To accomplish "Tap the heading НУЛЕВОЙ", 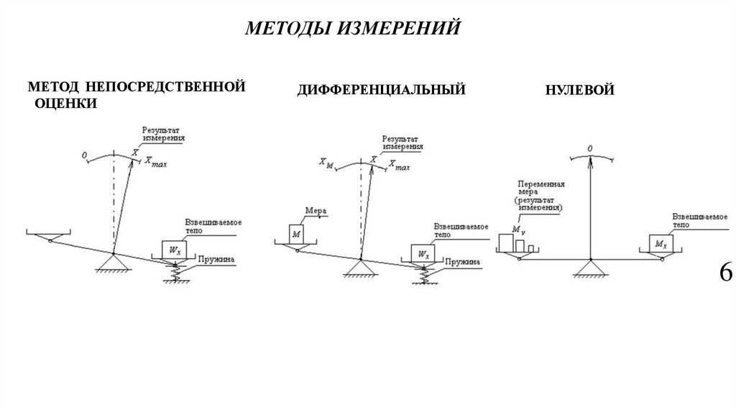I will [x=579, y=91].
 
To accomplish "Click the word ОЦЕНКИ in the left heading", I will [x=66, y=103].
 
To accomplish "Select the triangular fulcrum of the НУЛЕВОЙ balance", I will [x=590, y=269].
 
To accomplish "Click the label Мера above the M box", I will [x=316, y=212].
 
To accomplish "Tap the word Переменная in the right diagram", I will [x=539, y=184].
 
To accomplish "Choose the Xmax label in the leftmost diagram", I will [x=156, y=163].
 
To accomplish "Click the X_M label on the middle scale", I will [x=325, y=164].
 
